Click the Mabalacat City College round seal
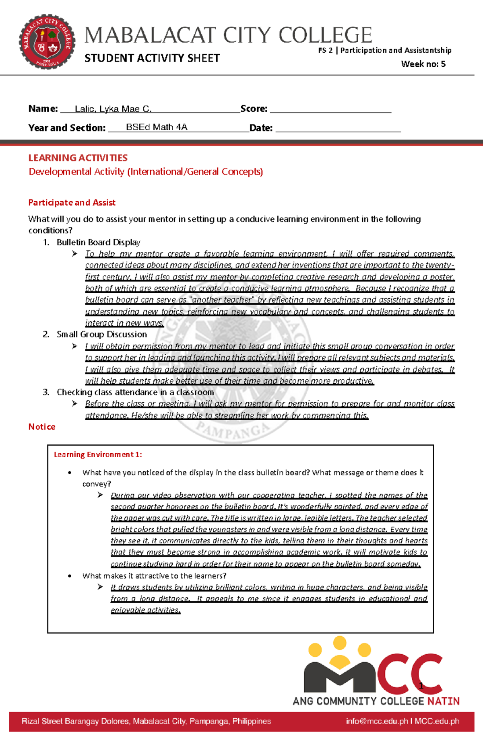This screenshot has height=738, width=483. [47, 42]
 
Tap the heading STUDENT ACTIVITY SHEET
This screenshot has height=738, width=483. [152, 58]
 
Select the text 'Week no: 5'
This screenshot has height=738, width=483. [423, 64]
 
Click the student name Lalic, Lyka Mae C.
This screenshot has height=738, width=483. [113, 109]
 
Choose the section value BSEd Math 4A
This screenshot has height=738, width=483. [157, 127]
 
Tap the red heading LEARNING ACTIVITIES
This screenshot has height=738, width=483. [78, 158]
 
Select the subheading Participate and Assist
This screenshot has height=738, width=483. [72, 202]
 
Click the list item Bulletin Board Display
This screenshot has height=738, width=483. [98, 242]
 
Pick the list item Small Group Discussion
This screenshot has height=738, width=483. [101, 334]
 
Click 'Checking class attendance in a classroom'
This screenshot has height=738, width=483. [135, 392]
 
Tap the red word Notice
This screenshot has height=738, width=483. [41, 427]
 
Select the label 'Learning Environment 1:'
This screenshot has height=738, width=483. [98, 454]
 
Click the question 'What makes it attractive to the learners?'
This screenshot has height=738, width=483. [154, 576]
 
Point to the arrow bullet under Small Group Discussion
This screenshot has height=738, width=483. [74, 346]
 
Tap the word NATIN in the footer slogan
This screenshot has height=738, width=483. [443, 701]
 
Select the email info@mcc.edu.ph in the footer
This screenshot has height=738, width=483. [377, 721]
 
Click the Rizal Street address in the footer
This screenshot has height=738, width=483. [146, 721]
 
